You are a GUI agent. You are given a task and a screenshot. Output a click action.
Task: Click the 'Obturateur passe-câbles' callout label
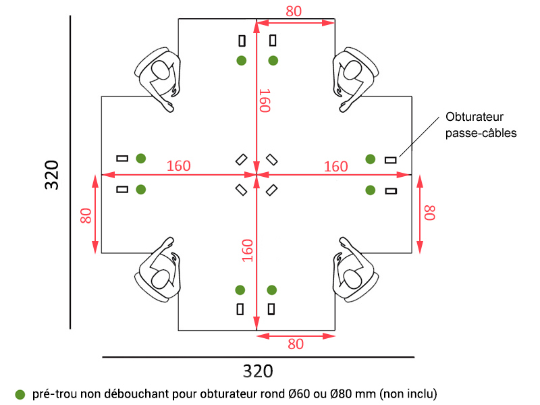pos(481,125)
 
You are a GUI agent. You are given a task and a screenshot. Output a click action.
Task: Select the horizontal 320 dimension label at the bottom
pos(258,371)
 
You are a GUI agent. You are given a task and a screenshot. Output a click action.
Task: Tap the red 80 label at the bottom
pos(296,344)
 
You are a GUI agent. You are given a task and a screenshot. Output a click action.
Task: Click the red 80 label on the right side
pos(429,213)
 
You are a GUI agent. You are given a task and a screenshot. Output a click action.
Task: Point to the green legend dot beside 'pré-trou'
pos(20,394)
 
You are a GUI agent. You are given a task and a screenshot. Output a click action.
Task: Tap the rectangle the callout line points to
pos(390,160)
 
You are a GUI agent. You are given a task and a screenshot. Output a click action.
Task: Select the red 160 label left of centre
pos(178,166)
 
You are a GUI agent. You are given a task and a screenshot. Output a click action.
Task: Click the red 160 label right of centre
pos(335,166)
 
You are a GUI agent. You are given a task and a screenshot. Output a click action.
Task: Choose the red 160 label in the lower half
pos(248,250)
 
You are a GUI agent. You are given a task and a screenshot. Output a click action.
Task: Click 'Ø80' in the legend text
pos(344,394)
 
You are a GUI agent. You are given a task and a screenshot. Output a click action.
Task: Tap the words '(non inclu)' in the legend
pos(408,394)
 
